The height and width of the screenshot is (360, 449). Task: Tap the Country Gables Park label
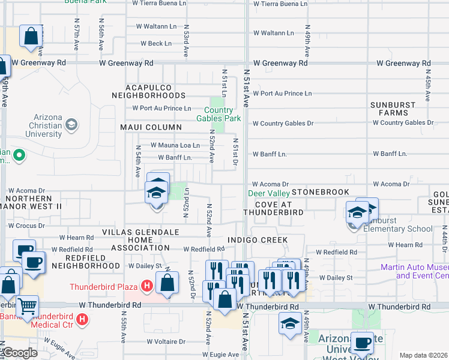point(218,114)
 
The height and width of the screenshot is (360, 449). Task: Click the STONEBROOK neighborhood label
point(321,192)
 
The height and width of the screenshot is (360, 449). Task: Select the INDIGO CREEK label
point(258,240)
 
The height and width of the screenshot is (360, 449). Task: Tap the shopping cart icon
point(26,306)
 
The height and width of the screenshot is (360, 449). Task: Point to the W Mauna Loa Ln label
point(175,145)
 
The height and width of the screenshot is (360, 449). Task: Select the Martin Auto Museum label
point(414,272)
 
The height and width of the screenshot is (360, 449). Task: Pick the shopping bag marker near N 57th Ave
point(30,35)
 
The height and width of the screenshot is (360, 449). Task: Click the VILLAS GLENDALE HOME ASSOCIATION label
point(140,239)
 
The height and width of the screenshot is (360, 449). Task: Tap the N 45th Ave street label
point(428,84)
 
